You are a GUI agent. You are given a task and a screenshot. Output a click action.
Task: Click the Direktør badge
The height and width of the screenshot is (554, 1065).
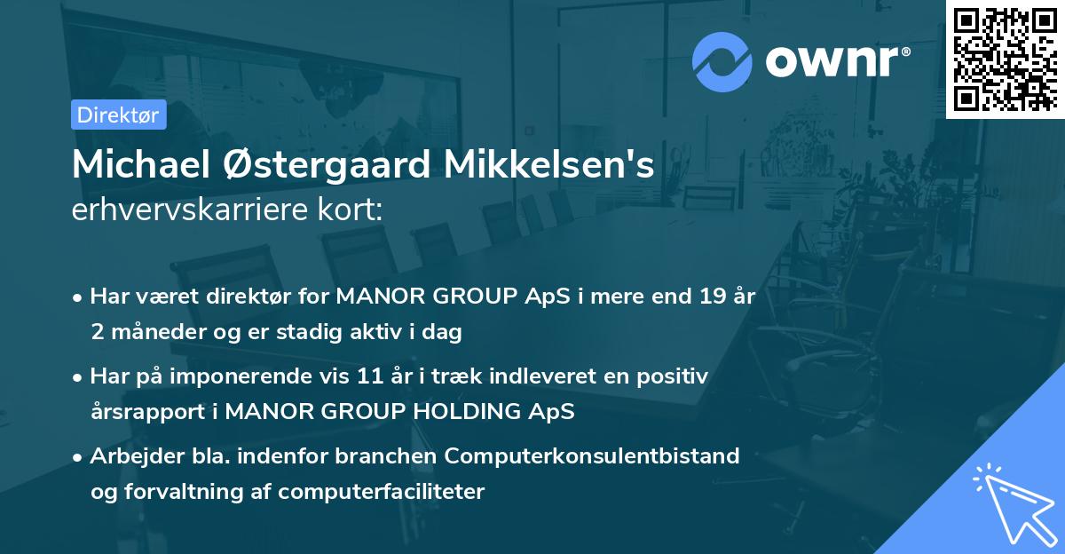(118, 115)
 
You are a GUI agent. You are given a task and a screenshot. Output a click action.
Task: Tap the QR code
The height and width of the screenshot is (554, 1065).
(1005, 59)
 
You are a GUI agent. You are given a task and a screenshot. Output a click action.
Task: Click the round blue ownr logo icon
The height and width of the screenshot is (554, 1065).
(722, 62)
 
